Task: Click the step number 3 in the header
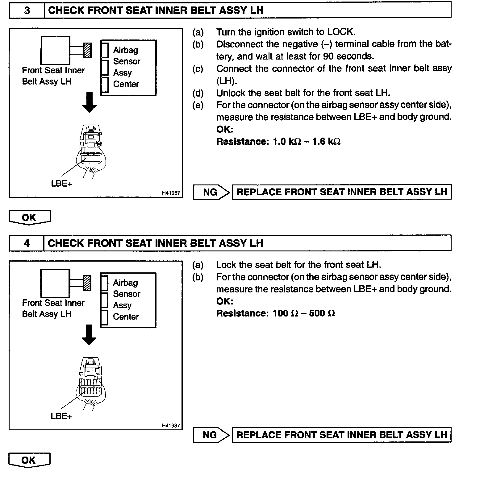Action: click(27, 10)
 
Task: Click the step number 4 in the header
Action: click(27, 243)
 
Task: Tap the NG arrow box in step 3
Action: click(211, 192)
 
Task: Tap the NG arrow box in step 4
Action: click(211, 435)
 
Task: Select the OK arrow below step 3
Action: click(29, 217)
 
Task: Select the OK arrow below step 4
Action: click(29, 460)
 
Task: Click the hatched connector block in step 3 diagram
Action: click(88, 50)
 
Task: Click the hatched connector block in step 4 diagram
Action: click(87, 283)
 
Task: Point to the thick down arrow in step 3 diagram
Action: click(90, 102)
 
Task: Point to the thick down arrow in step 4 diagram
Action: click(89, 334)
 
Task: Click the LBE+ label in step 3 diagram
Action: click(62, 184)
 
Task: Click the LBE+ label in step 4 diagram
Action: click(61, 416)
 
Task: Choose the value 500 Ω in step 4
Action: click(322, 313)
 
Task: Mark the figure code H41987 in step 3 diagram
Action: click(171, 193)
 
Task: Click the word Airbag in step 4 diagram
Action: click(125, 283)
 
